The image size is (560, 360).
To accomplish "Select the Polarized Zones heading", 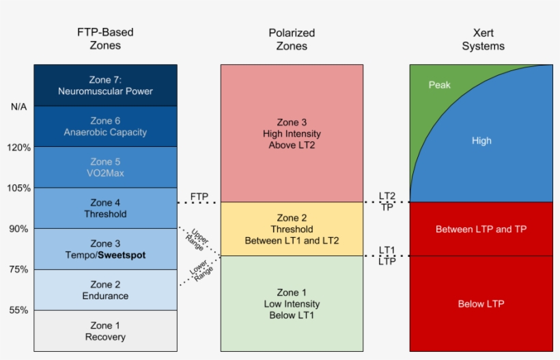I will [x=292, y=39].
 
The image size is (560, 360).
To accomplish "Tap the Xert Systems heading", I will [x=483, y=39].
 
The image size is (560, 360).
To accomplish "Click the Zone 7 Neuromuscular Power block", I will [x=105, y=85].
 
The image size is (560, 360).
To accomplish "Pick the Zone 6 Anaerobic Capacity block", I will [x=105, y=126].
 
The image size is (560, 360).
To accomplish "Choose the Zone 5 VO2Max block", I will [x=105, y=167].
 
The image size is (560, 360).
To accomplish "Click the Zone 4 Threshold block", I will [x=105, y=208].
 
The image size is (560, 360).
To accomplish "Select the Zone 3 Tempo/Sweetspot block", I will [x=105, y=249].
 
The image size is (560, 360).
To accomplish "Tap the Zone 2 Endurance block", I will [x=105, y=290].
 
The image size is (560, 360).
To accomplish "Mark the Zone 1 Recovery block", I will [x=105, y=331].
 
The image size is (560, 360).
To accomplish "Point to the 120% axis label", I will [x=19, y=148].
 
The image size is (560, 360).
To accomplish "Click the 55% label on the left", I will [x=19, y=310].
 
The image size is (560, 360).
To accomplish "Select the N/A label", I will [x=19, y=107].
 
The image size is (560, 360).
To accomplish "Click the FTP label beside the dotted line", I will [x=199, y=197].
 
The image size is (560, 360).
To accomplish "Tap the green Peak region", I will [x=439, y=85].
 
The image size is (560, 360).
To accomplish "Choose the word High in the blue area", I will [x=481, y=141].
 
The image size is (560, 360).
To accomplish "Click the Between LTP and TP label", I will [x=481, y=229].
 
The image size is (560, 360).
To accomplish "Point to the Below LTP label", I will [x=481, y=303].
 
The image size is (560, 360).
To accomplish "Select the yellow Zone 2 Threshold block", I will [x=292, y=230].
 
